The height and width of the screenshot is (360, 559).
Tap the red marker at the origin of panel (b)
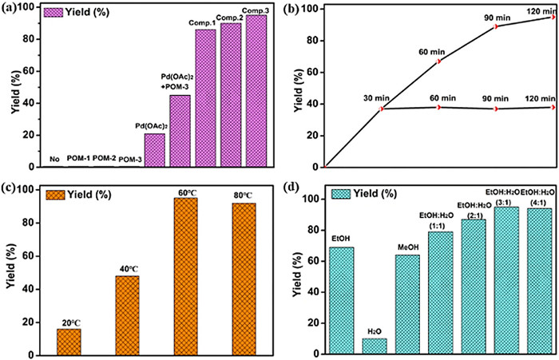coord(326,168)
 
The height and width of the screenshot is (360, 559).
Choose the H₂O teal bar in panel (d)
coord(375,346)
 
